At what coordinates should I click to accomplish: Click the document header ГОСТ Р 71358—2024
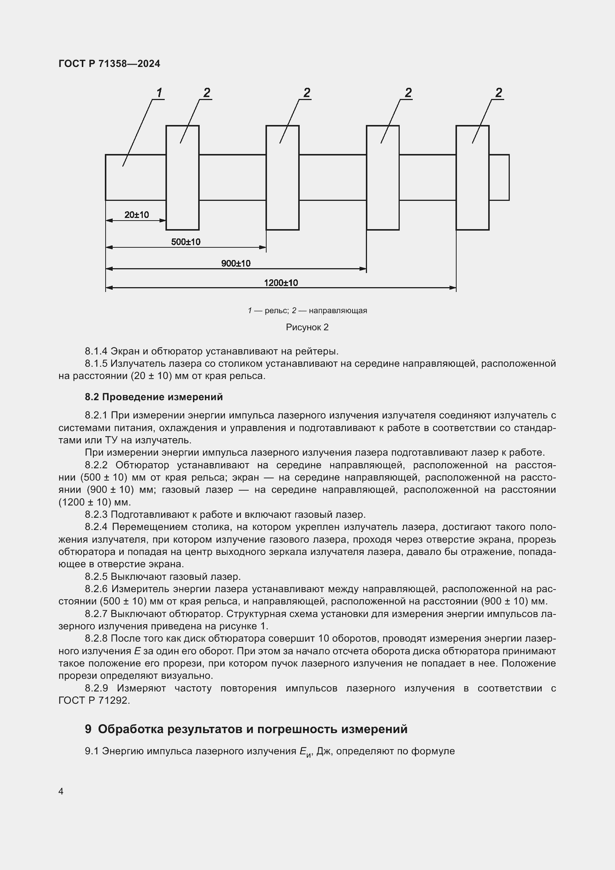click(109, 64)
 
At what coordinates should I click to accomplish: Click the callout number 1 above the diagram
click(160, 93)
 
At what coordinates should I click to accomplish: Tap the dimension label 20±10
click(136, 215)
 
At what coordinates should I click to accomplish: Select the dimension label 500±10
click(186, 242)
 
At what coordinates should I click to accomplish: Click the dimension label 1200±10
click(281, 283)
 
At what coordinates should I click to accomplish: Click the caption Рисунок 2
click(307, 327)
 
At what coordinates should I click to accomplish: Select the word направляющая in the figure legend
click(338, 311)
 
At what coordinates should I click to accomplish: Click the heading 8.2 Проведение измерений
click(154, 397)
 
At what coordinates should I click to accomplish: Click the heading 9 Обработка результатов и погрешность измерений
click(246, 729)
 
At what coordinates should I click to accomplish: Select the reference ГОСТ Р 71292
click(94, 701)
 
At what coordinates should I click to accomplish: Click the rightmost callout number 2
click(498, 93)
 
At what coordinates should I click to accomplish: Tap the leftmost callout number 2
click(206, 93)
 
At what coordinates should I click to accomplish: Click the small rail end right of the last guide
click(499, 177)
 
